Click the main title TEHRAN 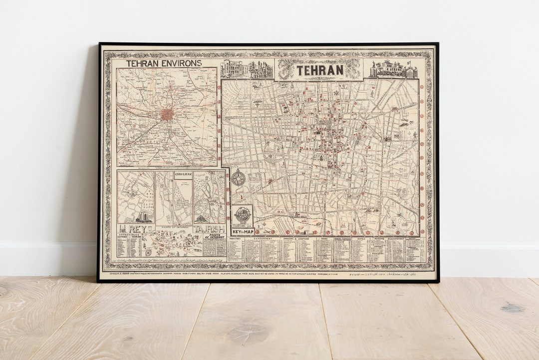pos(320,70)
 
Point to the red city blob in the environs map pos(167,115)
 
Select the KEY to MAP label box pos(242,232)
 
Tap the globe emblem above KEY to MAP pos(242,215)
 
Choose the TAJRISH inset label pos(205,229)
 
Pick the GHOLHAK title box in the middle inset pos(183,175)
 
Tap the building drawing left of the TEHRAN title pos(247,70)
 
